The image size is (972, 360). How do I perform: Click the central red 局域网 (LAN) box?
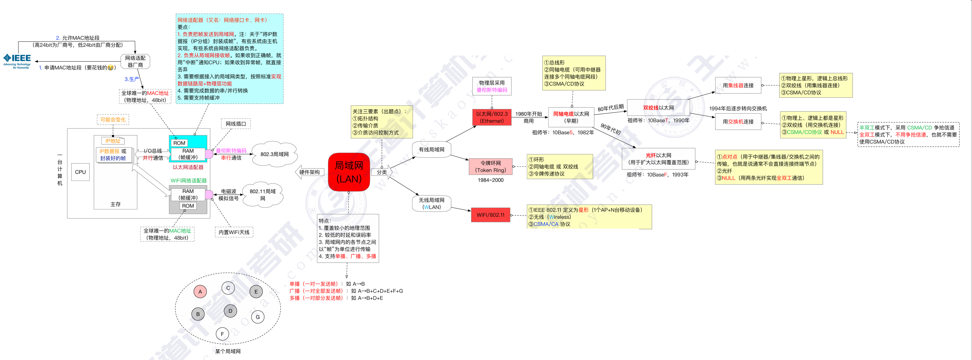349,172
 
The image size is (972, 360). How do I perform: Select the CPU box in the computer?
80,172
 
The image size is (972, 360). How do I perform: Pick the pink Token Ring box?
491,166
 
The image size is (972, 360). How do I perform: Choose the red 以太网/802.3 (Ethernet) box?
492,117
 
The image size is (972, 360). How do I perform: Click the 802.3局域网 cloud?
274,154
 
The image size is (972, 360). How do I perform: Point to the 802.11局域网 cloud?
263,195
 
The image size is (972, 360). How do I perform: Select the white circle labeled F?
222,334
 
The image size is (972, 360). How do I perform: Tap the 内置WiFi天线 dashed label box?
234,232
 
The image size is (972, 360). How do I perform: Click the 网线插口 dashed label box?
236,124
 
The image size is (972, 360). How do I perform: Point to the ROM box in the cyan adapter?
179,143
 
